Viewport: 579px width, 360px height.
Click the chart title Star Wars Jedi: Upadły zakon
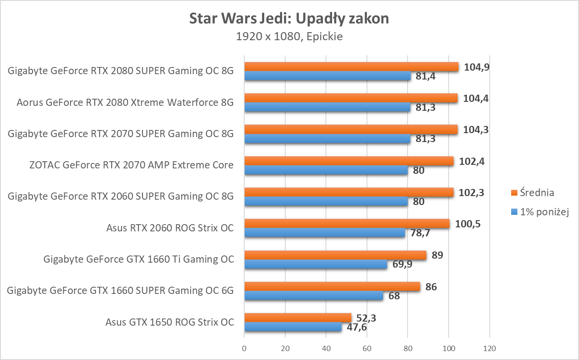(289, 19)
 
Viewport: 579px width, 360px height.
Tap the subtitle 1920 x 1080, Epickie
(289, 37)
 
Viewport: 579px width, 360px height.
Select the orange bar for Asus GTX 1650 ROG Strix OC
(298, 318)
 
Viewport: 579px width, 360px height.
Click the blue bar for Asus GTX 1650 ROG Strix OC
(293, 327)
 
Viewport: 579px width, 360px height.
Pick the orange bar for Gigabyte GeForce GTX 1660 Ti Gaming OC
(335, 255)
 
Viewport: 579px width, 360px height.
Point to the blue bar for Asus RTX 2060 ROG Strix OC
(325, 233)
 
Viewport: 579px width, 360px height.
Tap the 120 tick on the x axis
(490, 348)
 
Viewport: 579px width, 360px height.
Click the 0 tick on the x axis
(244, 348)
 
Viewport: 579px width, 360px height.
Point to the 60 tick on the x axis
(367, 348)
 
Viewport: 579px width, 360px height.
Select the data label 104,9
(476, 67)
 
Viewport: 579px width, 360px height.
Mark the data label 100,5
(468, 224)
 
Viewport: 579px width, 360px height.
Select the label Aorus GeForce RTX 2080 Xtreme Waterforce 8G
(125, 103)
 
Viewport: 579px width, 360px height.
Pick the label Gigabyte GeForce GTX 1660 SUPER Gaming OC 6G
(121, 291)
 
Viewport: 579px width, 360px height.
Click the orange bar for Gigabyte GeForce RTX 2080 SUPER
(351, 67)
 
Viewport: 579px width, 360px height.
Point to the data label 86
(431, 287)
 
